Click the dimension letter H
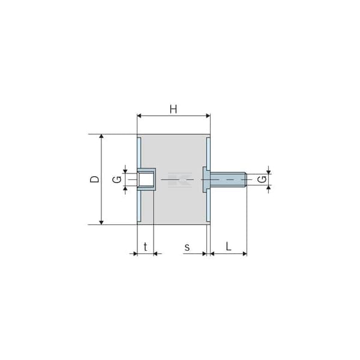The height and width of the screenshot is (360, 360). click(x=173, y=109)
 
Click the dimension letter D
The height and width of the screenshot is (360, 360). click(x=95, y=179)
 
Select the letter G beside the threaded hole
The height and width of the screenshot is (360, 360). click(x=117, y=179)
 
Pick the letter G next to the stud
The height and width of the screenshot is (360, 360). click(x=262, y=179)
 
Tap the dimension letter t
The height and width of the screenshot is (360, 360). click(x=145, y=247)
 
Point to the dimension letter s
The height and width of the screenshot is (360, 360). click(x=187, y=248)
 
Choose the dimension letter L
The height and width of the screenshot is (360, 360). click(x=228, y=247)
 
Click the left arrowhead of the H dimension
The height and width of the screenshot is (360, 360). click(x=139, y=116)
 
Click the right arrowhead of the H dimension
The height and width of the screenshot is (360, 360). click(x=208, y=116)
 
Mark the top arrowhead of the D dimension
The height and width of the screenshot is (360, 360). click(x=101, y=136)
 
